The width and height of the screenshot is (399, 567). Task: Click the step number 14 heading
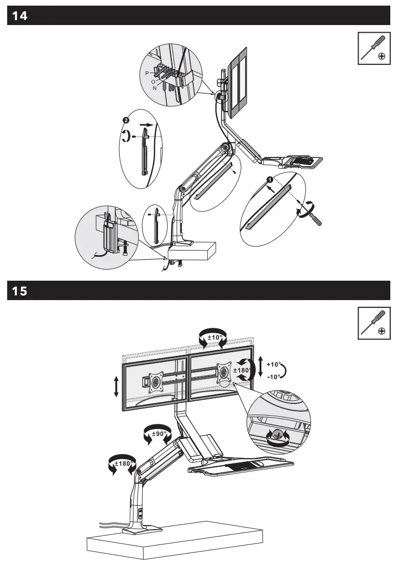pos(20,16)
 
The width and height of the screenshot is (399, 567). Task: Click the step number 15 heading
pos(20,291)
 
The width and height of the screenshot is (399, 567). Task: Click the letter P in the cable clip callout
pos(147,74)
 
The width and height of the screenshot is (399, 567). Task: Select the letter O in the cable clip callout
pos(153,81)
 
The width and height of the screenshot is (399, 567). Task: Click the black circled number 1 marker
pos(269,179)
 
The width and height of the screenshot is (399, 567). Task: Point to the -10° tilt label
pos(274,377)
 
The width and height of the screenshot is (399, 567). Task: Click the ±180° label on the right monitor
pos(241,370)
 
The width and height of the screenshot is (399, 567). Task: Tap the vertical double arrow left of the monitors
pos(117,387)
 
